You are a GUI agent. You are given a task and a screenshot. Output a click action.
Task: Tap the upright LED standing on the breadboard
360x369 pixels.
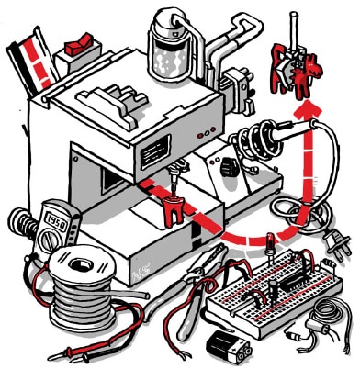265,248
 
